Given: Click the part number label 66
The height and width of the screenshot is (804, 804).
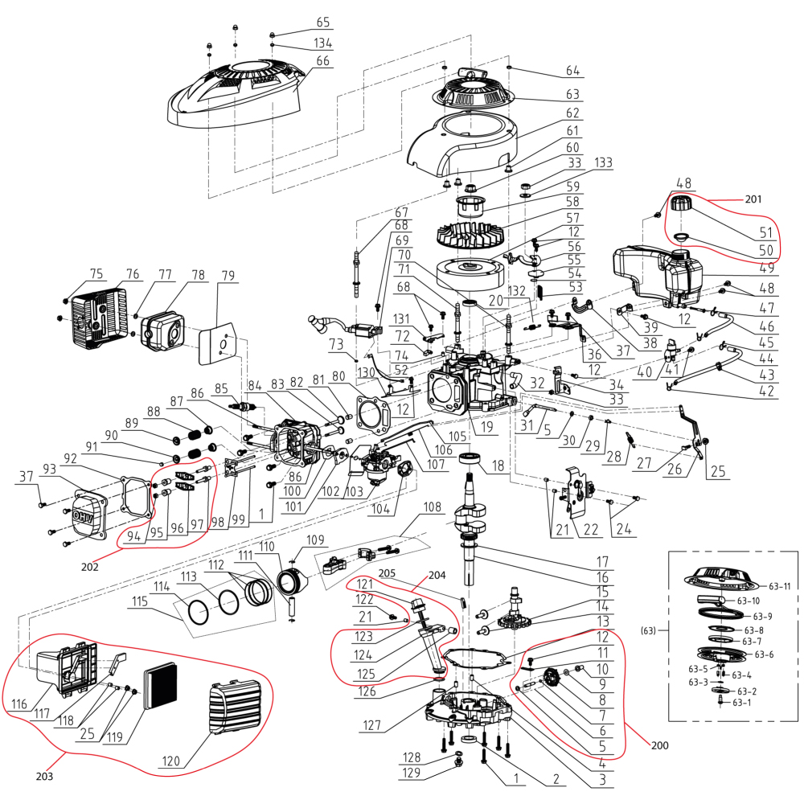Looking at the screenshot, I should coord(322,60).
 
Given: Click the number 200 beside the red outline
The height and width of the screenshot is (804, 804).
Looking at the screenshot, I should coord(659,745).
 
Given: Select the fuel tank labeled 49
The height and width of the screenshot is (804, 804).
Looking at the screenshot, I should coord(655,273).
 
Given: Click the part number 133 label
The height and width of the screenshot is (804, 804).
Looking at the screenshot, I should coord(602,163).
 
